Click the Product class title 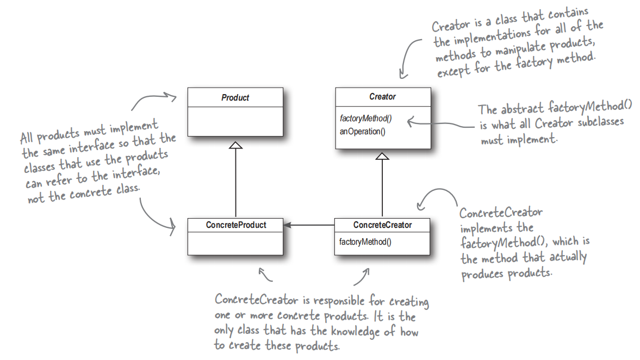pyautogui.click(x=235, y=97)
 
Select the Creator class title pyautogui.click(x=382, y=97)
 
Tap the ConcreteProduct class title pyautogui.click(x=236, y=225)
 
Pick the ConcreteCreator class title pyautogui.click(x=382, y=225)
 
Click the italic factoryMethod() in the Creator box pyautogui.click(x=366, y=119)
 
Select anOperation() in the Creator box pyautogui.click(x=363, y=132)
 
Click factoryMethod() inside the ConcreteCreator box pyautogui.click(x=365, y=241)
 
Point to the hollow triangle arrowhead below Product pyautogui.click(x=235, y=145)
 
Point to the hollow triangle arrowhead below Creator pyautogui.click(x=382, y=156)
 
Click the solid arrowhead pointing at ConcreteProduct pyautogui.click(x=287, y=225)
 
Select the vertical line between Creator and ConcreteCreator pyautogui.click(x=382, y=188)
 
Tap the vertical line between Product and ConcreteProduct pyautogui.click(x=235, y=183)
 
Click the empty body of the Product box pyautogui.click(x=235, y=122)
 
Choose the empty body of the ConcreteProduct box pyautogui.click(x=235, y=244)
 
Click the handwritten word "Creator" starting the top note pyautogui.click(x=451, y=26)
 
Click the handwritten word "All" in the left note pyautogui.click(x=27, y=138)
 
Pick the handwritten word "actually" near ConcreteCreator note pyautogui.click(x=568, y=257)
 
